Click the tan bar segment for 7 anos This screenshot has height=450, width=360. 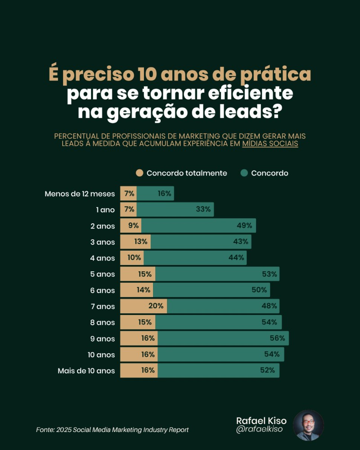(x=143, y=306)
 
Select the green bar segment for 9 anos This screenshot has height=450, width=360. (x=223, y=338)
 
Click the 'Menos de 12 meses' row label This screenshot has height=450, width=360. (x=80, y=194)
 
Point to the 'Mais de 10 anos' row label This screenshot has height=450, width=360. (x=86, y=371)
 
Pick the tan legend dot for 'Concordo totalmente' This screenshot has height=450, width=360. (x=139, y=173)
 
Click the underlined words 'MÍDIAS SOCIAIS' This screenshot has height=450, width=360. (x=270, y=144)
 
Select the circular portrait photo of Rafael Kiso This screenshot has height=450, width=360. (x=308, y=425)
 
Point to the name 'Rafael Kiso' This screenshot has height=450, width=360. (x=261, y=420)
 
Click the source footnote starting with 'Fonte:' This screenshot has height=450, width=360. (x=112, y=430)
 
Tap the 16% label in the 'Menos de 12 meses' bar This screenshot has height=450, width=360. (x=164, y=194)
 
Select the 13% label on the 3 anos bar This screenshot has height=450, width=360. (x=140, y=242)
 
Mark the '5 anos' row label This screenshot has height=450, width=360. (x=103, y=274)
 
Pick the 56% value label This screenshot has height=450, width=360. (x=277, y=338)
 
